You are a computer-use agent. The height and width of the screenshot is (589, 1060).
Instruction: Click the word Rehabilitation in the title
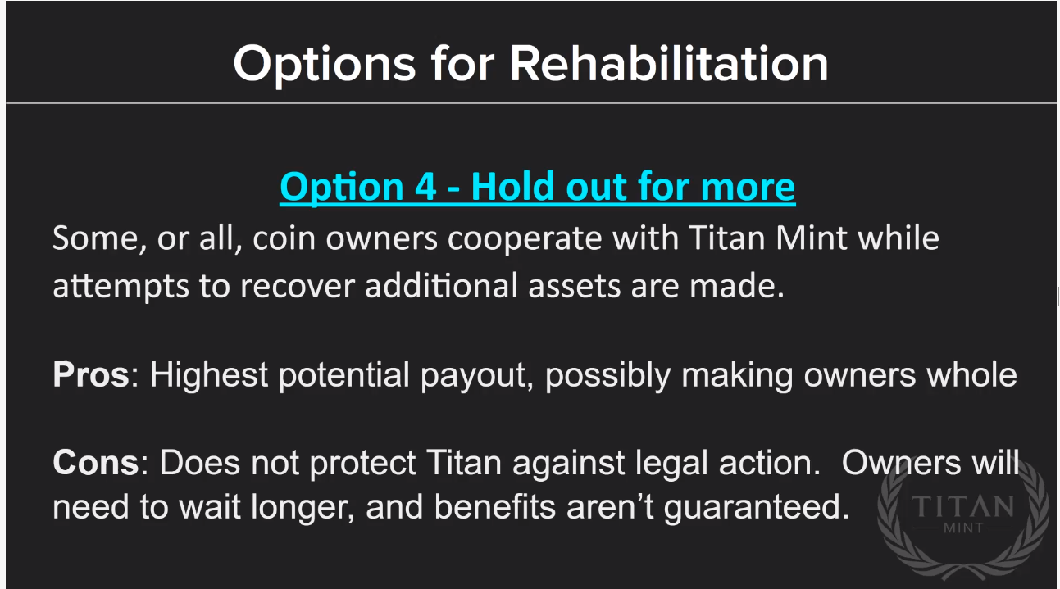pos(669,63)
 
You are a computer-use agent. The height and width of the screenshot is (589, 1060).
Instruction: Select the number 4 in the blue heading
pos(425,187)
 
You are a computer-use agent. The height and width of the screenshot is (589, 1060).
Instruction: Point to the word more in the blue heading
pos(748,188)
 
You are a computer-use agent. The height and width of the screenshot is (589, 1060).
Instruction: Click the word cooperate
pos(525,238)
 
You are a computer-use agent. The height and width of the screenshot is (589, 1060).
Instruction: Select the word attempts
pos(121,287)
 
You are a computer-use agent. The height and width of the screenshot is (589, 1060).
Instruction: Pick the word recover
pos(298,287)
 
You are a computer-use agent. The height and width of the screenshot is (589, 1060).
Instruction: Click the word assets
pos(574,287)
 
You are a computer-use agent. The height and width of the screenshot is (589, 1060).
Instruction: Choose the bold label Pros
pos(91,374)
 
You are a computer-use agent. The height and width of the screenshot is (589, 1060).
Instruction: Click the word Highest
pos(209,375)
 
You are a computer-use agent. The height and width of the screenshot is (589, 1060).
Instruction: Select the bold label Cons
pos(96,462)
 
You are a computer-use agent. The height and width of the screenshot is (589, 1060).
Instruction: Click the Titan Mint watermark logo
pos(963,518)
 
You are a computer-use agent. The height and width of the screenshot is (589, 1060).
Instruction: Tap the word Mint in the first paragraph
pos(810,238)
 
